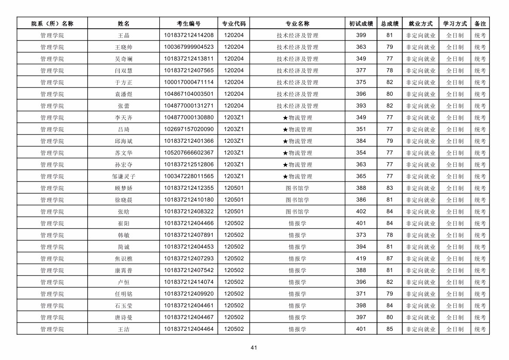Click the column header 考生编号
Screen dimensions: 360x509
pos(189,24)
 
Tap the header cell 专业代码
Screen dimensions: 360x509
pos(234,24)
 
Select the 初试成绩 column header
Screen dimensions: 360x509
pos(361,24)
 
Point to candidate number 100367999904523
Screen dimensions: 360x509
pos(189,47)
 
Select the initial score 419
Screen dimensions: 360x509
pos(361,259)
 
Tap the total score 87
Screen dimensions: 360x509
pos(390,259)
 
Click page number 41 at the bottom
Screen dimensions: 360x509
pos(254,347)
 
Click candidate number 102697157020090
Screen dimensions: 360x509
pos(189,129)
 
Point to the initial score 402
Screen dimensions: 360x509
pos(361,212)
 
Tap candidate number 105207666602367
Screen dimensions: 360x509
pos(189,153)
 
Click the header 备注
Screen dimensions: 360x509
pos(480,24)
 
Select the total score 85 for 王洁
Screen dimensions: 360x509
pos(390,329)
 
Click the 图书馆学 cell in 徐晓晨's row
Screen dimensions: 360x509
pos(297,200)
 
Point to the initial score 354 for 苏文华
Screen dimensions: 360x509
pos(361,153)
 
